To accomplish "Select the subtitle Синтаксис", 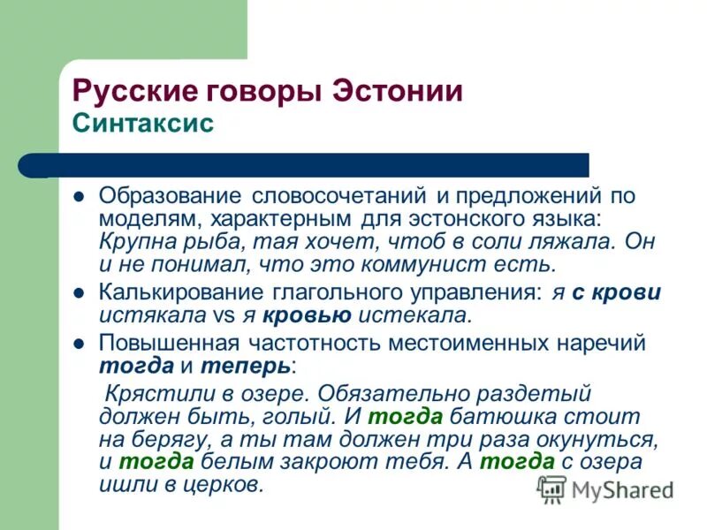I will tap(142, 123).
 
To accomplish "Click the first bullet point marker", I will tap(79, 194).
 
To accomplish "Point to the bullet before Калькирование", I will tap(79, 293).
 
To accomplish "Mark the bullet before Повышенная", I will tap(79, 343).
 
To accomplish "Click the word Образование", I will tap(170, 194).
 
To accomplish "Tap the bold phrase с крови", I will tap(616, 292).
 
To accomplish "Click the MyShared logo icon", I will tap(552, 488).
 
